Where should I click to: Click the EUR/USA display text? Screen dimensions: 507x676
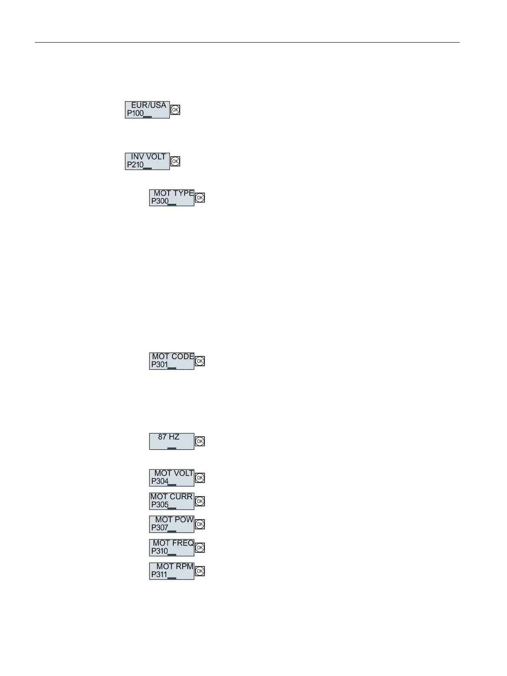pos(148,105)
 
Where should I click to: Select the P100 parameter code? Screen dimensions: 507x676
pos(135,113)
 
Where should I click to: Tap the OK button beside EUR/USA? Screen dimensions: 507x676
pos(175,110)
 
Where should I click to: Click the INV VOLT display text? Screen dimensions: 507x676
pos(148,157)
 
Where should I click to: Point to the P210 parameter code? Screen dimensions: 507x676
pos(135,165)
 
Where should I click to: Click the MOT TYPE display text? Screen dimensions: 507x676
pos(173,193)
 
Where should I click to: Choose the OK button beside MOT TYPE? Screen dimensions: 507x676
pos(200,198)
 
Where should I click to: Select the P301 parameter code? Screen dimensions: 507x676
pos(160,365)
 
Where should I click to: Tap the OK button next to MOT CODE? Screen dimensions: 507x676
pos(200,361)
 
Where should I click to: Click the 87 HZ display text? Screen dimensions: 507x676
pos(169,437)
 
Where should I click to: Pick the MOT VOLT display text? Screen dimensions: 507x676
pos(174,473)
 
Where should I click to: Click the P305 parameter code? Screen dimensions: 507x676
pos(160,505)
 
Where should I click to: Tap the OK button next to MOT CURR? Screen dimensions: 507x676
pos(200,501)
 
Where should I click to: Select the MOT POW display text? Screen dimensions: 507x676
pos(174,520)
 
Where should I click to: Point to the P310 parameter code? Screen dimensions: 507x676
pos(160,551)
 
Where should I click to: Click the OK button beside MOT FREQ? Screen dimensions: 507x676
pos(200,548)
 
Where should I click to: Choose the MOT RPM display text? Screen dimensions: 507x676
pos(175,567)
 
